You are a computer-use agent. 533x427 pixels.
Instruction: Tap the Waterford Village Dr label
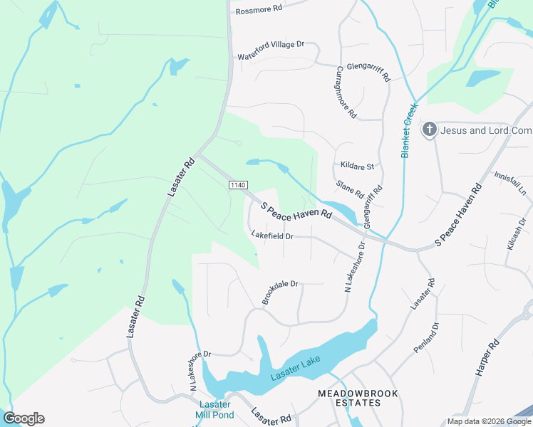tap(271, 50)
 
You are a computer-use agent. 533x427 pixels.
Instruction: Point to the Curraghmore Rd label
tap(346, 93)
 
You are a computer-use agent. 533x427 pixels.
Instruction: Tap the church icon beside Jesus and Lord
tap(430, 130)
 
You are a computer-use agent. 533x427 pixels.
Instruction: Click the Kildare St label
tap(357, 167)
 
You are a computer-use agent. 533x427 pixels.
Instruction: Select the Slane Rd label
tap(350, 189)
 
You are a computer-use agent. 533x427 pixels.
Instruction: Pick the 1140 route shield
tap(238, 185)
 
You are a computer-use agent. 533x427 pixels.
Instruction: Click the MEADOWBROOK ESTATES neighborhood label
tap(348, 398)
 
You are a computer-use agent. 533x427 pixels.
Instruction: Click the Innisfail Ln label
tap(509, 184)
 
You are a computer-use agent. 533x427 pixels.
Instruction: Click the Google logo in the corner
tap(24, 418)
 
